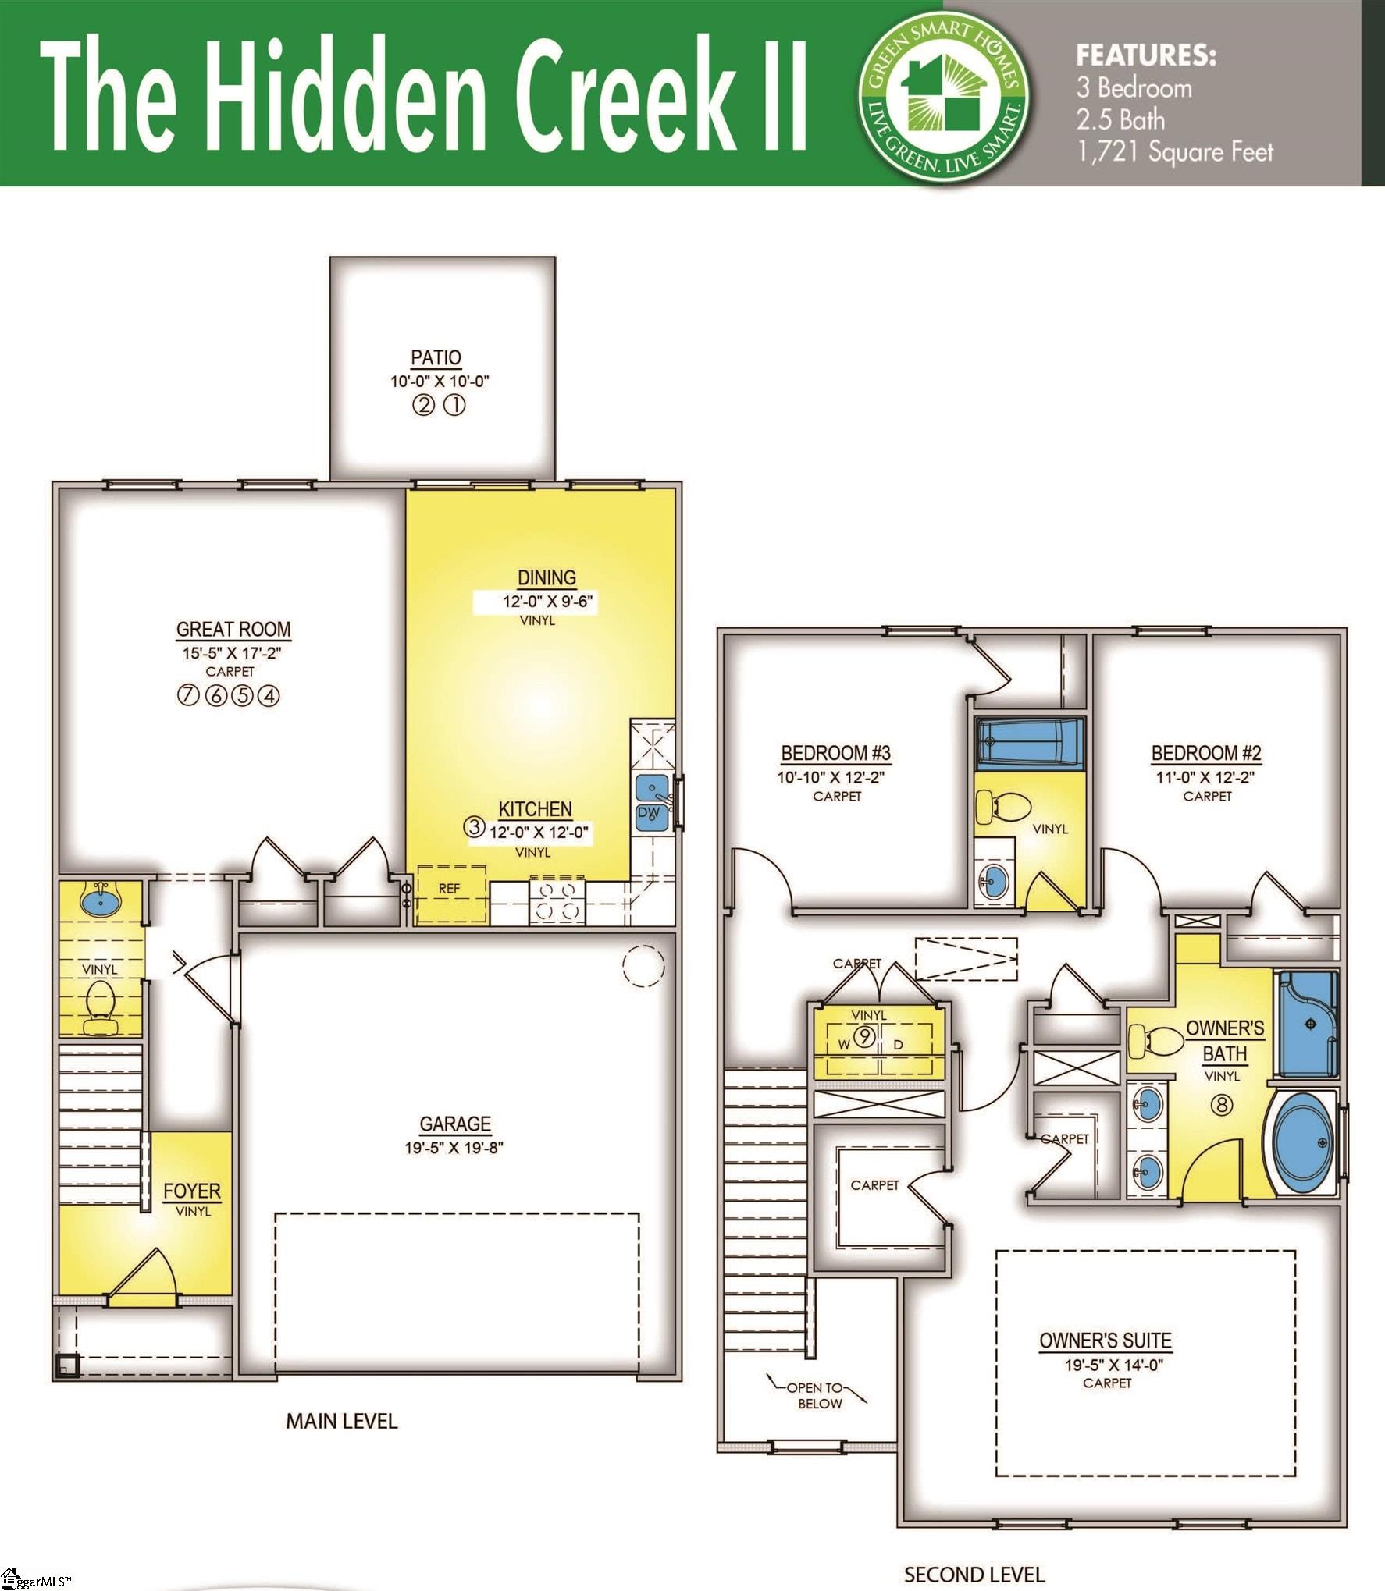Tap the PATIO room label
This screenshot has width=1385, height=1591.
coord(436,357)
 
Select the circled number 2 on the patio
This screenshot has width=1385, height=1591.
coord(422,406)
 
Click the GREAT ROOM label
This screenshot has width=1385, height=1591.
coord(233,629)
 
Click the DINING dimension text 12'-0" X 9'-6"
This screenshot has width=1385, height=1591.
coord(538,602)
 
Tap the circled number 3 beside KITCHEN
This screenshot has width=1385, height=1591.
coord(474,826)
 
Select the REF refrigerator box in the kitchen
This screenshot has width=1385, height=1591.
coord(450,895)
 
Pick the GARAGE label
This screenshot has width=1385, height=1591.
coord(455,1124)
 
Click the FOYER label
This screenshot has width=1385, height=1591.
coord(192,1191)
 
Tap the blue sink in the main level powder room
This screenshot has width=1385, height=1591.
coord(101,903)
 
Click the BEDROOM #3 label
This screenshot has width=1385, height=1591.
coord(835,753)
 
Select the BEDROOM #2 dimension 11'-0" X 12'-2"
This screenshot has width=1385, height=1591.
coord(1205,777)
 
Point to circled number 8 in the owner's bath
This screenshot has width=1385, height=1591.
coord(1223,1104)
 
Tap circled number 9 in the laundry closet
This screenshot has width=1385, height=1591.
coord(866,1037)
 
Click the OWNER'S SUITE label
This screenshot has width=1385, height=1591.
coord(1105,1341)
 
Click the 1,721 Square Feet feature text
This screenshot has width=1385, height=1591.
coord(1175,151)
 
